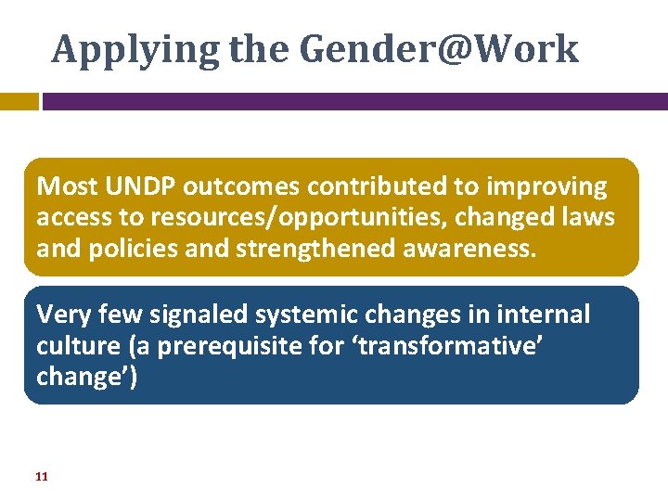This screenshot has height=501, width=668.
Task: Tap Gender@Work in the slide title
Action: click(440, 49)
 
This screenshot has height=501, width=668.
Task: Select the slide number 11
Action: click(41, 476)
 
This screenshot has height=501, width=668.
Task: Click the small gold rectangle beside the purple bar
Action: click(19, 101)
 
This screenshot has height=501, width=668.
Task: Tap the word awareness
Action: click(460, 249)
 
